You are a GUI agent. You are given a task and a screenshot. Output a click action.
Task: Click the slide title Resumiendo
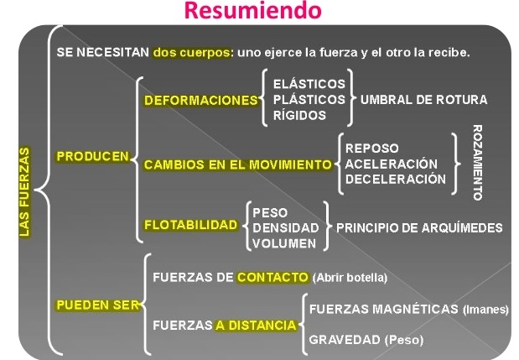(x=252, y=11)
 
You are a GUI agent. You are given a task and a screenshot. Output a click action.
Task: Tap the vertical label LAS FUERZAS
(x=23, y=192)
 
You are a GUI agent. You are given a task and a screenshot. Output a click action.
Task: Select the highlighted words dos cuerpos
(x=191, y=51)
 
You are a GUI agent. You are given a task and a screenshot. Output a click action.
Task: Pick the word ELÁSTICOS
(x=308, y=84)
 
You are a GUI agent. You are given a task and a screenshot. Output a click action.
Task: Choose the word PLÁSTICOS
(x=309, y=99)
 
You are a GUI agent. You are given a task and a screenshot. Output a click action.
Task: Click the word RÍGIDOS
(x=299, y=115)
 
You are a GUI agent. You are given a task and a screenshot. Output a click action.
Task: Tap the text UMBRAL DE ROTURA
(x=423, y=99)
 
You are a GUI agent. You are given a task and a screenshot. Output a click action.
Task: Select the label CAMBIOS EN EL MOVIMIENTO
(x=238, y=165)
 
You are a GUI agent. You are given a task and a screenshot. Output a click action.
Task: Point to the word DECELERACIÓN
(x=396, y=179)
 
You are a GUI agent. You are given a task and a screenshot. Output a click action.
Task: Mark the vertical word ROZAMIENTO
(x=477, y=163)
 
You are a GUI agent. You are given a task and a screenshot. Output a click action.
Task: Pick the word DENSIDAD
(x=285, y=227)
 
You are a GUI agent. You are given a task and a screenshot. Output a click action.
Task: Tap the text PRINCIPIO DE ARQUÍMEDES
(x=419, y=227)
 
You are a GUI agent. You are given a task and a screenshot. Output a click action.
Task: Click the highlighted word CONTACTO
(x=272, y=277)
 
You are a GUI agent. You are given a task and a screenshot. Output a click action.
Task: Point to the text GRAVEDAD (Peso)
(x=366, y=340)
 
